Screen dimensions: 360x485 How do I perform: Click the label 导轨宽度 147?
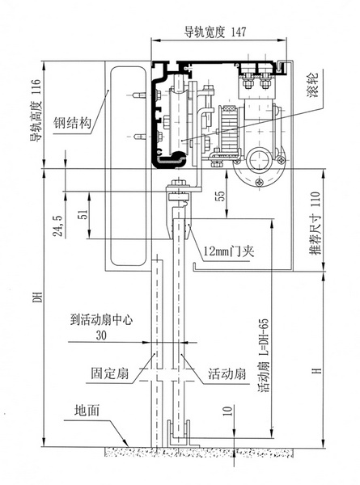pyautogui.click(x=215, y=32)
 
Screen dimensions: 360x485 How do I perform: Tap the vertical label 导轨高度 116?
pyautogui.click(x=36, y=111)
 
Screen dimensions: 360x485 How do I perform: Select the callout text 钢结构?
pyautogui.click(x=73, y=123)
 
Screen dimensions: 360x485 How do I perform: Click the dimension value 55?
pyautogui.click(x=220, y=196)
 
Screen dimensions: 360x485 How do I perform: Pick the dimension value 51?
pyautogui.click(x=83, y=214)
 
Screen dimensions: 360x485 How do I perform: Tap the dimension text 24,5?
pyautogui.click(x=58, y=226)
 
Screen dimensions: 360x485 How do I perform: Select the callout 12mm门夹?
pyautogui.click(x=229, y=251)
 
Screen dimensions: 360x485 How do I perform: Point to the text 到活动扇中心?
pyautogui.click(x=101, y=320)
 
